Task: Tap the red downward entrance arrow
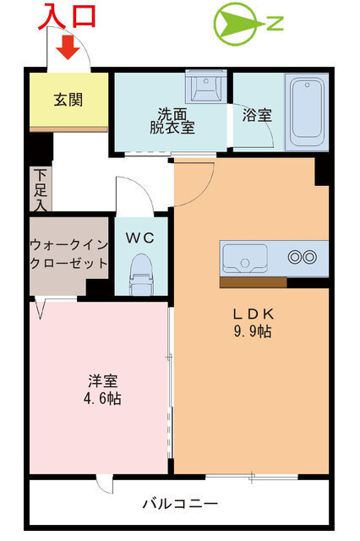point(68,48)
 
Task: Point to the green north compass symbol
point(248,24)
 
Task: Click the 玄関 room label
point(68,100)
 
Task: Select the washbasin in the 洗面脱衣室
point(206,86)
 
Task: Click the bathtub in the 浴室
point(307,112)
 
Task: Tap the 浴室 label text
point(257,115)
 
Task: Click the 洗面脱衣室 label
point(172,121)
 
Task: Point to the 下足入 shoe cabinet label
point(41,189)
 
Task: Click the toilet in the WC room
point(140,274)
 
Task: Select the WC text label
point(139,238)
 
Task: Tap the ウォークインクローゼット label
point(69,254)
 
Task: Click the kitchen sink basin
point(245,258)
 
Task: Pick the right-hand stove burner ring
point(309,257)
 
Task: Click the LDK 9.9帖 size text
point(253,323)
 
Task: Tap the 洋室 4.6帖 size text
point(102,389)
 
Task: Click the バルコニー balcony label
point(180,504)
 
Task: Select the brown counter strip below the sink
point(254,282)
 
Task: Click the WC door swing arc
point(141,189)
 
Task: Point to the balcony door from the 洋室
point(105,484)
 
